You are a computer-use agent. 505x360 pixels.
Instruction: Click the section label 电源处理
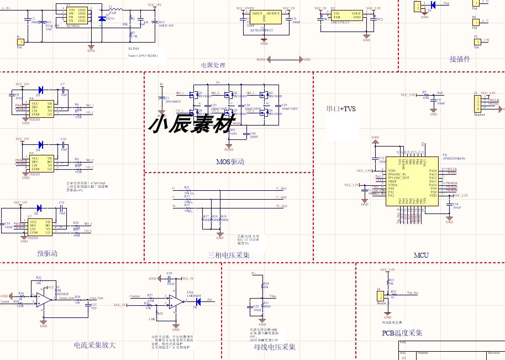pyautogui.click(x=213, y=65)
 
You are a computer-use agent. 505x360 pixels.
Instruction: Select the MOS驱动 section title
pyautogui.click(x=230, y=162)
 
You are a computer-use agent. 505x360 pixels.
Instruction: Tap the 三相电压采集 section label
pyautogui.click(x=229, y=255)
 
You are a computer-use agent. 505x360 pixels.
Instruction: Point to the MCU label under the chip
pyautogui.click(x=421, y=255)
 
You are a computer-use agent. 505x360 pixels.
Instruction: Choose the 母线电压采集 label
pyautogui.click(x=275, y=347)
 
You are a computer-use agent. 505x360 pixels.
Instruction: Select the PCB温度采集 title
pyautogui.click(x=402, y=333)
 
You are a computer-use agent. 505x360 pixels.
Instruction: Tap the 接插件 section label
pyautogui.click(x=460, y=59)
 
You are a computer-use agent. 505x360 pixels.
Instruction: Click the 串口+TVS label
pyautogui.click(x=341, y=109)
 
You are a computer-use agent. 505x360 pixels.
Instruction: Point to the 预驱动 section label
pyautogui.click(x=48, y=253)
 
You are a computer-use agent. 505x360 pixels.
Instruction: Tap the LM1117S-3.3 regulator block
pyautogui.click(x=347, y=15)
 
